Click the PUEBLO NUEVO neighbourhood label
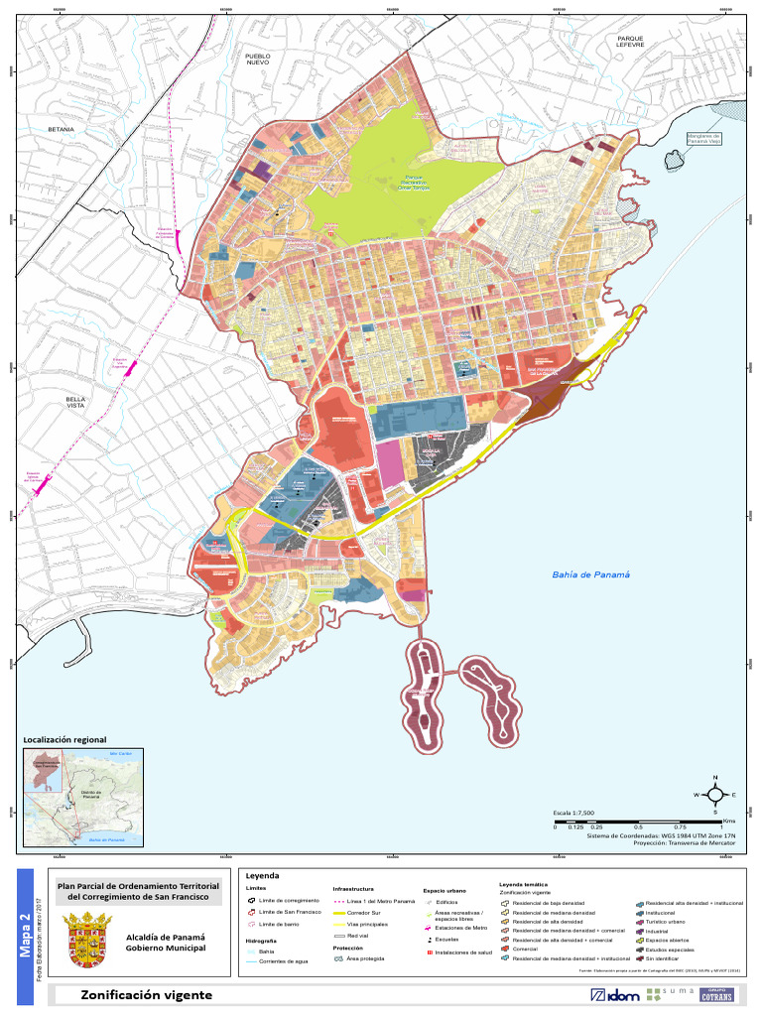[x=258, y=61]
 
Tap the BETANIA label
[x=62, y=130]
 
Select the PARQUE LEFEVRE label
[x=630, y=42]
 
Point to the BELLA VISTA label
[x=76, y=402]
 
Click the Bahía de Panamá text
[x=591, y=574]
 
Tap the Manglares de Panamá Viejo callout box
[x=704, y=139]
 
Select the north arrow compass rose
[x=713, y=795]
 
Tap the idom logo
[x=614, y=994]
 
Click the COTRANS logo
[x=716, y=994]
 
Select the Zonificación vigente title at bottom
[x=146, y=994]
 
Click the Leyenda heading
[x=262, y=876]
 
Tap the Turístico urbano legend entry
[x=671, y=921]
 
